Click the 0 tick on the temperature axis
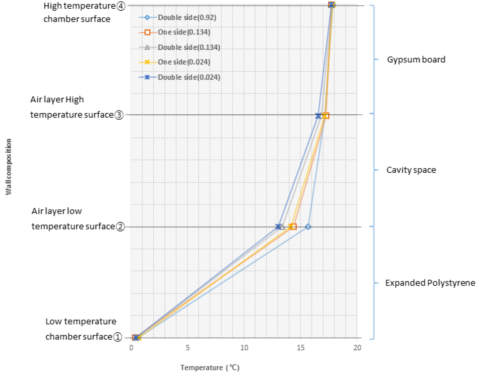(x=131, y=348)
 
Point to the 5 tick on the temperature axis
(x=188, y=348)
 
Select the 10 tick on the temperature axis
(x=244, y=348)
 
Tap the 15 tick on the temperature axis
(x=301, y=348)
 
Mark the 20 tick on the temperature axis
(x=357, y=348)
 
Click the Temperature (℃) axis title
(x=210, y=368)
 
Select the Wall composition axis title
(x=8, y=167)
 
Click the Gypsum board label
(x=416, y=60)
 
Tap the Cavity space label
(x=411, y=170)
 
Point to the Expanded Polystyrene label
(x=430, y=283)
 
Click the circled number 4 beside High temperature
(x=121, y=6)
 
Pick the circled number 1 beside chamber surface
(x=118, y=337)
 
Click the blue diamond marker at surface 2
(x=308, y=227)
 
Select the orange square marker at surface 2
(x=293, y=227)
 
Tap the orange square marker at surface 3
(x=326, y=116)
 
